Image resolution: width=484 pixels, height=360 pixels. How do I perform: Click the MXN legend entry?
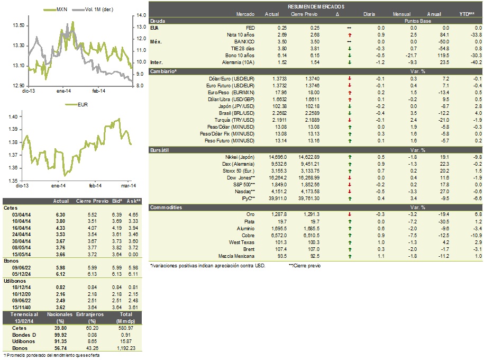click(55, 10)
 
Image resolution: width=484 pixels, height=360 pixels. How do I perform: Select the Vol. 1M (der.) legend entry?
click(93, 10)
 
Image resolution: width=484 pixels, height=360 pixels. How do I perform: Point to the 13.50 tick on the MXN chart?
click(19, 25)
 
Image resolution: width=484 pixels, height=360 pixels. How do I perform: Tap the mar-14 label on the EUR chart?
click(129, 186)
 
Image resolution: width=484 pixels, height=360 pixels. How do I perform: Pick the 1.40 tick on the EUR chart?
click(13, 117)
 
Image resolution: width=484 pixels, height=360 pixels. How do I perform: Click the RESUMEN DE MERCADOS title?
click(316, 6)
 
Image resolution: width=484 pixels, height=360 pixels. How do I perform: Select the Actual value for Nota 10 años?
click(282, 35)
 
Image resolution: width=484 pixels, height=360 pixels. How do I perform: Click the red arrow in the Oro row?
click(350, 214)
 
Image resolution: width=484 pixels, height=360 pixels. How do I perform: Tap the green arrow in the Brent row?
click(350, 249)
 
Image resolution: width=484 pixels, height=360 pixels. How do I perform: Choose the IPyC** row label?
click(249, 199)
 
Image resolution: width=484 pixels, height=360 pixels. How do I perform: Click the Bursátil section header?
click(159, 150)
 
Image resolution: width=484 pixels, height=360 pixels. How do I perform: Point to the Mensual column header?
click(401, 14)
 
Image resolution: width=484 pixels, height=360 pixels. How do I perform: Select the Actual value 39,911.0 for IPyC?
click(278, 199)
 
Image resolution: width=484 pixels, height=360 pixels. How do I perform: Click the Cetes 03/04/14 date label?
click(21, 215)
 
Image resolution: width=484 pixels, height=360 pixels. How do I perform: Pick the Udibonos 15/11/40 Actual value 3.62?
click(60, 308)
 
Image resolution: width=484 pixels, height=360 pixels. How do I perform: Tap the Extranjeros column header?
click(90, 314)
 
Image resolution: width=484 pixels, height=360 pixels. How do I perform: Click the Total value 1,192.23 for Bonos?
click(126, 348)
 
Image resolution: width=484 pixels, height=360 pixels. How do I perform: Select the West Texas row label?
click(242, 242)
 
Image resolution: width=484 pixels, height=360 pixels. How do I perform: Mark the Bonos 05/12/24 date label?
click(21, 274)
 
